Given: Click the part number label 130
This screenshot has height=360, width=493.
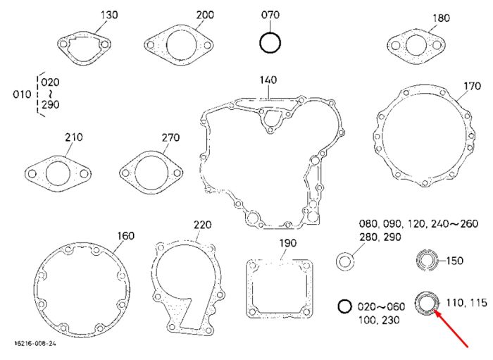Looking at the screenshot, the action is (x=109, y=15).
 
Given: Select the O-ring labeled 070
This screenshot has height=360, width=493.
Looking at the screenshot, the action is (x=270, y=32).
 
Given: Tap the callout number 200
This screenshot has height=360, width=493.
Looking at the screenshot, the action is (x=205, y=15).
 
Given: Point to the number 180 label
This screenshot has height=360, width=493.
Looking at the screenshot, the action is (x=441, y=18).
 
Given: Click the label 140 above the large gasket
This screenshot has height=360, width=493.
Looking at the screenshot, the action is (x=268, y=80).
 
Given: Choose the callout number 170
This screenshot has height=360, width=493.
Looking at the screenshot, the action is (x=473, y=86).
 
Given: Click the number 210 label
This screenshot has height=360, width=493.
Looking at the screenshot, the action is (x=74, y=137).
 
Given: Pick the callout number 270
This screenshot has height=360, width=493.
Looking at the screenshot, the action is (x=170, y=137).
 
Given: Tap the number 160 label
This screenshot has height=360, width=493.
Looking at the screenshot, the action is (x=126, y=236).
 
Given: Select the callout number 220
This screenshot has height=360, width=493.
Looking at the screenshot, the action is (x=203, y=225).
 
